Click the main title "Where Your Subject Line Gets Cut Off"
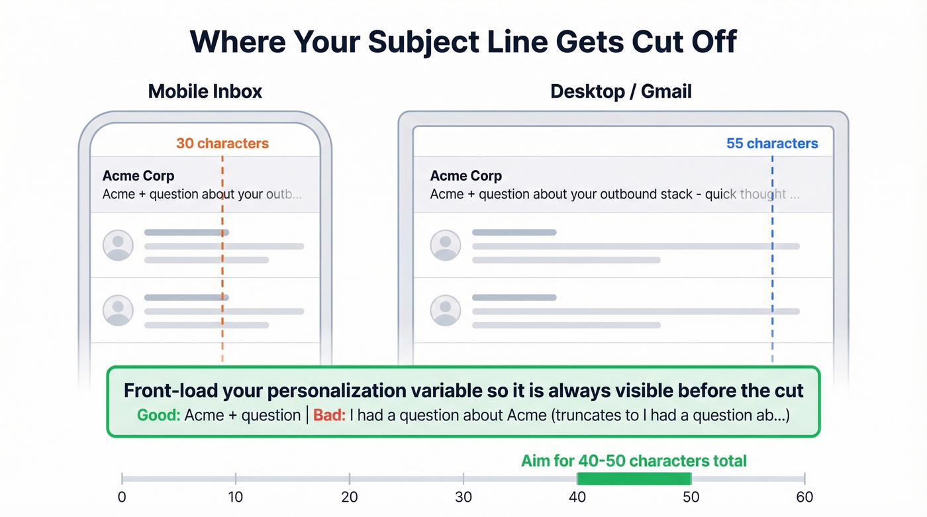coord(463,42)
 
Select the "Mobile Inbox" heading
coord(205,91)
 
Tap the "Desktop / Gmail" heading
coord(620,91)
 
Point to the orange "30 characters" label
coord(222,143)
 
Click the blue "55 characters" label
coord(772,143)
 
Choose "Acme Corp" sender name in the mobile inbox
coord(138,176)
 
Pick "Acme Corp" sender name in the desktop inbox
coord(466,176)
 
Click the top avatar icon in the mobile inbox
coord(118,245)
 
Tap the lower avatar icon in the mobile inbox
coord(118,310)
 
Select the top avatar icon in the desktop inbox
coord(446,245)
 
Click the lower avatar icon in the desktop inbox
coord(446,310)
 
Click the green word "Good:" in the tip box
coord(159,416)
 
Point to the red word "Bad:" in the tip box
coord(329,416)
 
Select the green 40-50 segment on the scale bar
coord(634,479)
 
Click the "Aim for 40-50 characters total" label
coord(634,461)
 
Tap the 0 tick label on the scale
coord(122,497)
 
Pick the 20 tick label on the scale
coord(350,497)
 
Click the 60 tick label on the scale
coord(805,497)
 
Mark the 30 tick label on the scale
coord(463,497)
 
